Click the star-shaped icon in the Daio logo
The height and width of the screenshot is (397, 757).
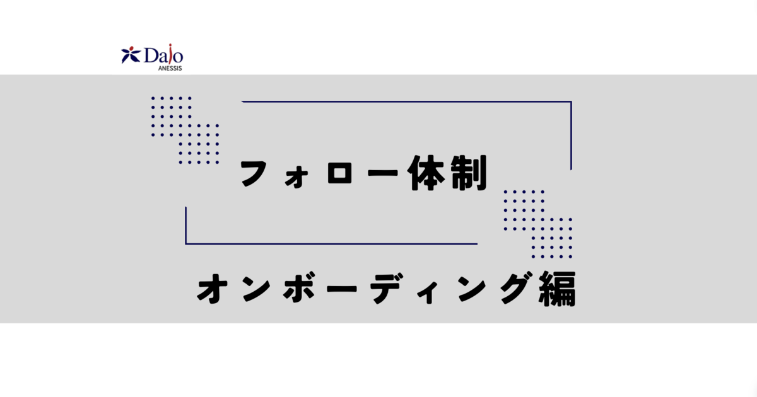pyautogui.click(x=131, y=55)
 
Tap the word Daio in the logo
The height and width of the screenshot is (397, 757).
pyautogui.click(x=164, y=55)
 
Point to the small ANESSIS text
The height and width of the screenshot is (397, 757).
pyautogui.click(x=170, y=68)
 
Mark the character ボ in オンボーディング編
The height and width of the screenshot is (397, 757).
pyautogui.click(x=299, y=287)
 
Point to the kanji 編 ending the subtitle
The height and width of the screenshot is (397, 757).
pyautogui.click(x=557, y=289)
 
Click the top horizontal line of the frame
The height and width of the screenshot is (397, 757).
pyautogui.click(x=406, y=101)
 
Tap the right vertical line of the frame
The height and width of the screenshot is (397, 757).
pyautogui.click(x=571, y=135)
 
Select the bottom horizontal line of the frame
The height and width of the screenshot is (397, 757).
pyautogui.click(x=331, y=243)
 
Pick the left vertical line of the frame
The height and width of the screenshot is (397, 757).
pyautogui.click(x=186, y=225)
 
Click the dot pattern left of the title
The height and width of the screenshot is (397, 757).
pyautogui.click(x=185, y=130)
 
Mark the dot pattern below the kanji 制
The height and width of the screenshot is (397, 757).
pyautogui.click(x=537, y=224)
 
